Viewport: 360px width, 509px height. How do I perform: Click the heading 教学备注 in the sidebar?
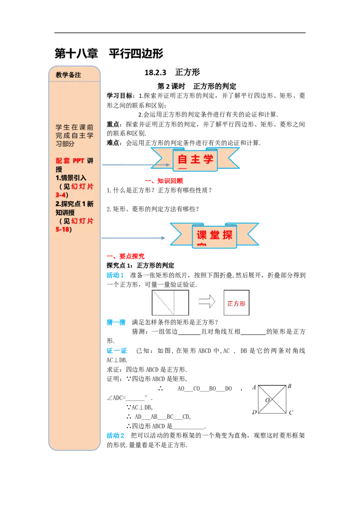click(68, 75)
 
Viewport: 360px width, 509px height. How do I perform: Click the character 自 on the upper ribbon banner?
click(183, 160)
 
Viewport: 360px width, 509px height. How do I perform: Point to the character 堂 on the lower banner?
click(215, 235)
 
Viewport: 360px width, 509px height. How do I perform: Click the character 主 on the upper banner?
click(196, 160)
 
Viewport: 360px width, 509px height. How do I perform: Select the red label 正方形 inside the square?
click(236, 304)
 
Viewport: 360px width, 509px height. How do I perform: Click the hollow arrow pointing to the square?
click(207, 302)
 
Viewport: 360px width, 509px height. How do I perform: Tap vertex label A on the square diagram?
click(254, 387)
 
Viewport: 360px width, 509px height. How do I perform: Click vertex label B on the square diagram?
click(289, 386)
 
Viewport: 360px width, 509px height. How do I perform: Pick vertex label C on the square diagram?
click(291, 412)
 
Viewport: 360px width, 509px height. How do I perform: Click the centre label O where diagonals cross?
click(267, 400)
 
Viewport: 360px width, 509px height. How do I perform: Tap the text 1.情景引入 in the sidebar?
click(71, 178)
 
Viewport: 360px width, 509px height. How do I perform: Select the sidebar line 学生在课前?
click(75, 127)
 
